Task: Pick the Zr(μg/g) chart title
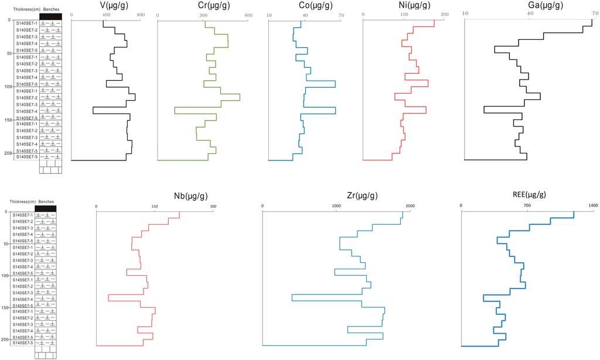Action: point(336,195)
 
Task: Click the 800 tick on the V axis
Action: point(139,14)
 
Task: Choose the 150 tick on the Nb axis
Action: point(155,206)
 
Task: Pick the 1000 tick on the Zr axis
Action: point(336,206)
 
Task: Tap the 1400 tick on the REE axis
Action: point(593,206)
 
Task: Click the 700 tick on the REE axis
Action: point(527,206)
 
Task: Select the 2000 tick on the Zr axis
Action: point(410,206)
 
